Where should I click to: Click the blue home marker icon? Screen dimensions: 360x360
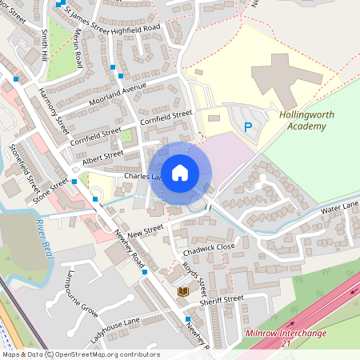pyautogui.click(x=179, y=173)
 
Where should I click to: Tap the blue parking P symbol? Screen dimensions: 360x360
pyautogui.click(x=248, y=126)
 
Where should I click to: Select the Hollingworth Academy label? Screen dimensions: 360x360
pyautogui.click(x=306, y=120)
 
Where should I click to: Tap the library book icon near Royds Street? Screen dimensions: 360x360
pyautogui.click(x=182, y=292)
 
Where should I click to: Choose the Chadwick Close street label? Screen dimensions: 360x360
pyautogui.click(x=209, y=247)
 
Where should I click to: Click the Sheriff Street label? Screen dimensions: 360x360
pyautogui.click(x=222, y=298)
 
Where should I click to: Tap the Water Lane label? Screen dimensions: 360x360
pyautogui.click(x=340, y=209)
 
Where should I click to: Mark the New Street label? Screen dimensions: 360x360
pyautogui.click(x=144, y=230)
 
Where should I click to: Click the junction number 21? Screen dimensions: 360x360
pyautogui.click(x=286, y=343)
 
